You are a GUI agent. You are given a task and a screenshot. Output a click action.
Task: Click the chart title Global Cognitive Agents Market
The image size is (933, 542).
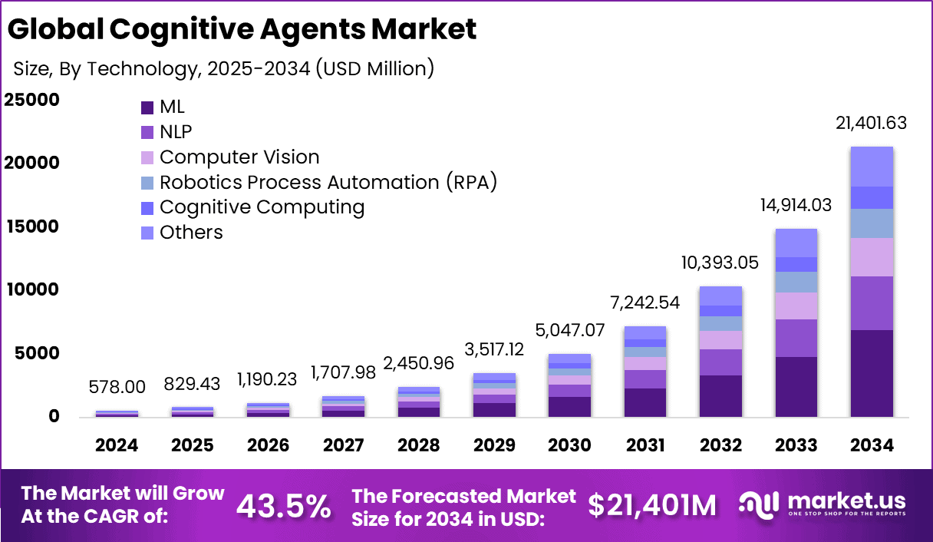coord(242,29)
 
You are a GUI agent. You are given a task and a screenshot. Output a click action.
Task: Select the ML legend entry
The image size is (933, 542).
coord(172,107)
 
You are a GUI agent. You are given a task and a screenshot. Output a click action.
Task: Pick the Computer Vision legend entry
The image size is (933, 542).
coord(239,157)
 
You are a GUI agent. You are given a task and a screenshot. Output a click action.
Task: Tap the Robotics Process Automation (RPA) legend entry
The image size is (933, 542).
coord(328,183)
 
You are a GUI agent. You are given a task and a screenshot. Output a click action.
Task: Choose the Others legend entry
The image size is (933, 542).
coord(191,233)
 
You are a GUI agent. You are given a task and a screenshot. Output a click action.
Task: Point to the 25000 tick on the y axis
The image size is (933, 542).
coord(31,100)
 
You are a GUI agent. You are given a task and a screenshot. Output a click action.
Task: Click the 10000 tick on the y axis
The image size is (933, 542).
coord(31,289)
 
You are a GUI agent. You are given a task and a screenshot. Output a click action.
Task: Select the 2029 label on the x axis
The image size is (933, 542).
coord(493,446)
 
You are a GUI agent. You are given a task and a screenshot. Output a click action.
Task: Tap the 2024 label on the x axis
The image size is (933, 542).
coord(117,446)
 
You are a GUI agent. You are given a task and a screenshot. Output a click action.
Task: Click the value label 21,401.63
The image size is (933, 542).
coord(872,123)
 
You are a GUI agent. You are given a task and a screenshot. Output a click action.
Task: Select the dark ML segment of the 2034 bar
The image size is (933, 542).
coord(872,373)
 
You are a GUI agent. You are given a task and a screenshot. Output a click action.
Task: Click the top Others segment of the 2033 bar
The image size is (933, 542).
coord(796,243)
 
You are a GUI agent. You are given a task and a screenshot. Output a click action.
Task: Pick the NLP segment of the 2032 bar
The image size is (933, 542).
coord(720,362)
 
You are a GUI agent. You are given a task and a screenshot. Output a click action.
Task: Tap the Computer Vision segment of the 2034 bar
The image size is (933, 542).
coord(872,257)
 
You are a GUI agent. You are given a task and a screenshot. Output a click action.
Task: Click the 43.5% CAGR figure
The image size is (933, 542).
coord(283,505)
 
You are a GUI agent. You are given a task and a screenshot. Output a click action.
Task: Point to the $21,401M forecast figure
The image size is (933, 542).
coord(652,505)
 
